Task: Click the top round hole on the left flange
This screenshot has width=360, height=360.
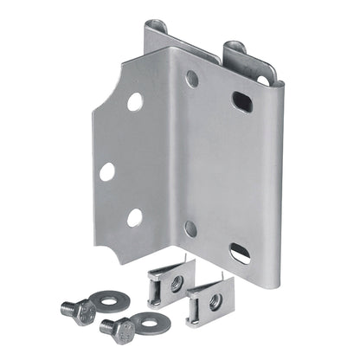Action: point(135,101)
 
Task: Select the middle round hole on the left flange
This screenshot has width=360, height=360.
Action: point(106,171)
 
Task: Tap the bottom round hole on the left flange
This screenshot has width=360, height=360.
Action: point(135,217)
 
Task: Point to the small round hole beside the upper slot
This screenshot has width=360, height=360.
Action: point(191,79)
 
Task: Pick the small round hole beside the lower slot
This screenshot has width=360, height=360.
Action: point(190,228)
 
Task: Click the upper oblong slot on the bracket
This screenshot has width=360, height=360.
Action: point(242,101)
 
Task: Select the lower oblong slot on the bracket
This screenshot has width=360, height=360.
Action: point(241,253)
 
